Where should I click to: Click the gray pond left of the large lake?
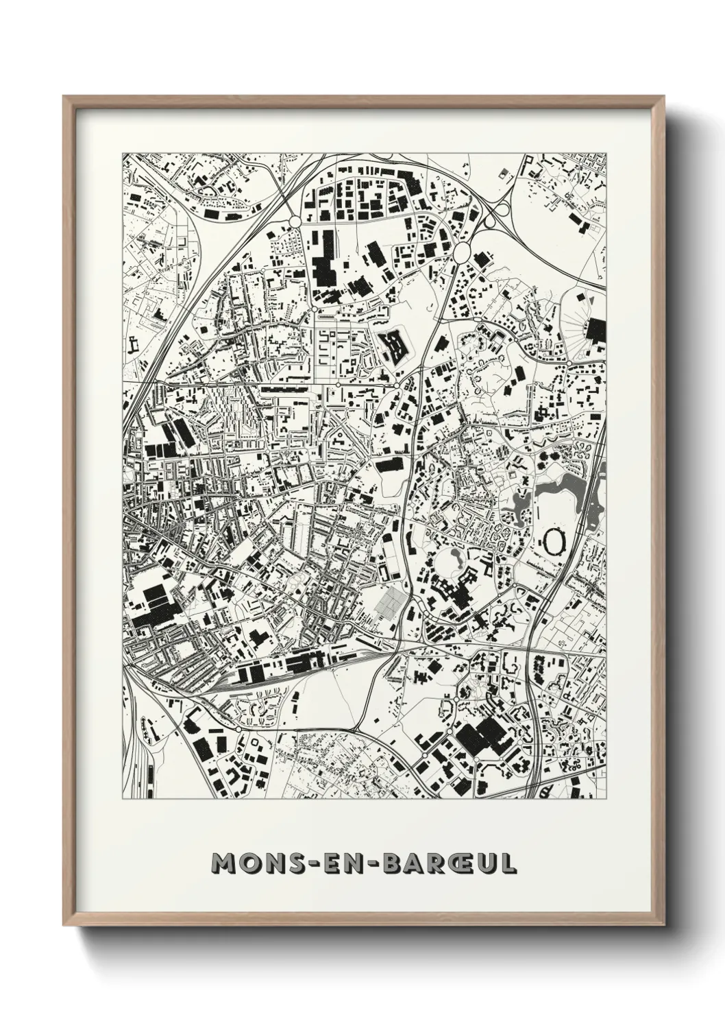(520, 504)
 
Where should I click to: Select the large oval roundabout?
(463, 252)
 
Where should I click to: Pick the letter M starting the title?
(223, 863)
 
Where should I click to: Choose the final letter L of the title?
(508, 863)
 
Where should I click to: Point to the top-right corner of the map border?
(606, 153)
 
